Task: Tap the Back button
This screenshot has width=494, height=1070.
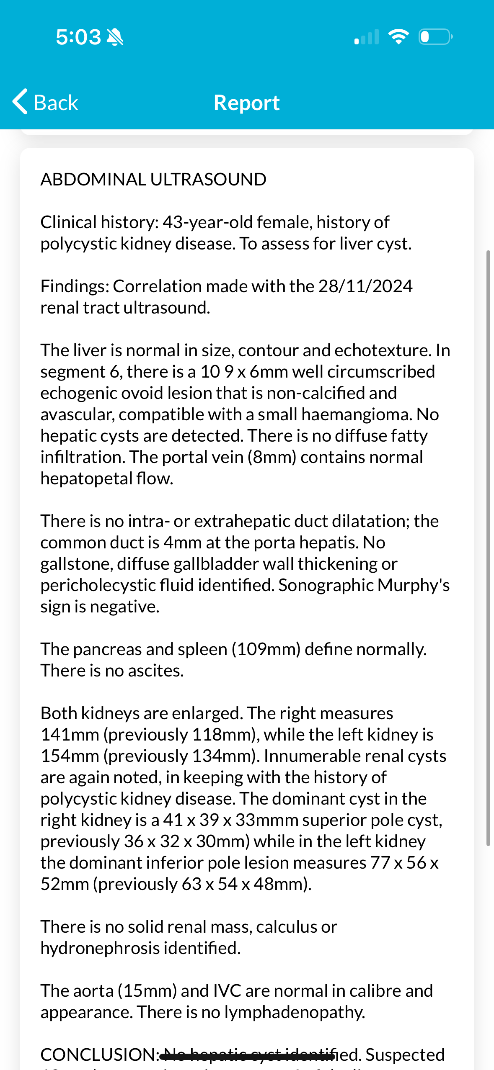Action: (x=45, y=102)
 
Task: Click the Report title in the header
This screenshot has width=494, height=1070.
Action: (x=246, y=103)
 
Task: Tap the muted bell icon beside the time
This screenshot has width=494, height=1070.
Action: (x=115, y=37)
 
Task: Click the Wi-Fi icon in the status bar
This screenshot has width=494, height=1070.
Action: (x=398, y=37)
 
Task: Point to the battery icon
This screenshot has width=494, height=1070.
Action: (x=435, y=37)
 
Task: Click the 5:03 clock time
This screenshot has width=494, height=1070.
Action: (x=78, y=37)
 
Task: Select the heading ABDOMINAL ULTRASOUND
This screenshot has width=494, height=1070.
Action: (x=153, y=180)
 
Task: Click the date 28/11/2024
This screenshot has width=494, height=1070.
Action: (x=365, y=286)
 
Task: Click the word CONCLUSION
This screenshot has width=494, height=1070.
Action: (x=98, y=1055)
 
